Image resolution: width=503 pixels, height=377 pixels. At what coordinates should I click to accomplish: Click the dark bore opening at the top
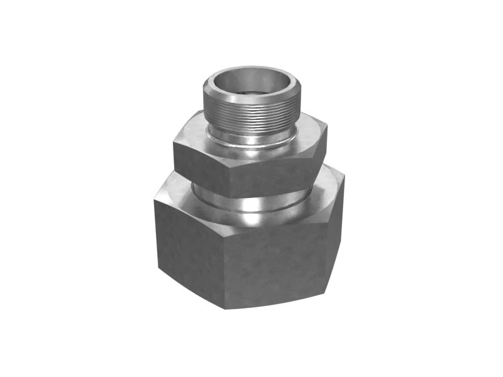[x=250, y=85]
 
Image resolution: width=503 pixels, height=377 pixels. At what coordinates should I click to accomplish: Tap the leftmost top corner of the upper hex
[x=174, y=144]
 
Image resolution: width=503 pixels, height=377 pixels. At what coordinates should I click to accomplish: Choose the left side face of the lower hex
[x=189, y=251]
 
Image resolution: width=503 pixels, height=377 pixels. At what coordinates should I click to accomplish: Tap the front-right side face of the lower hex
[x=277, y=264]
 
